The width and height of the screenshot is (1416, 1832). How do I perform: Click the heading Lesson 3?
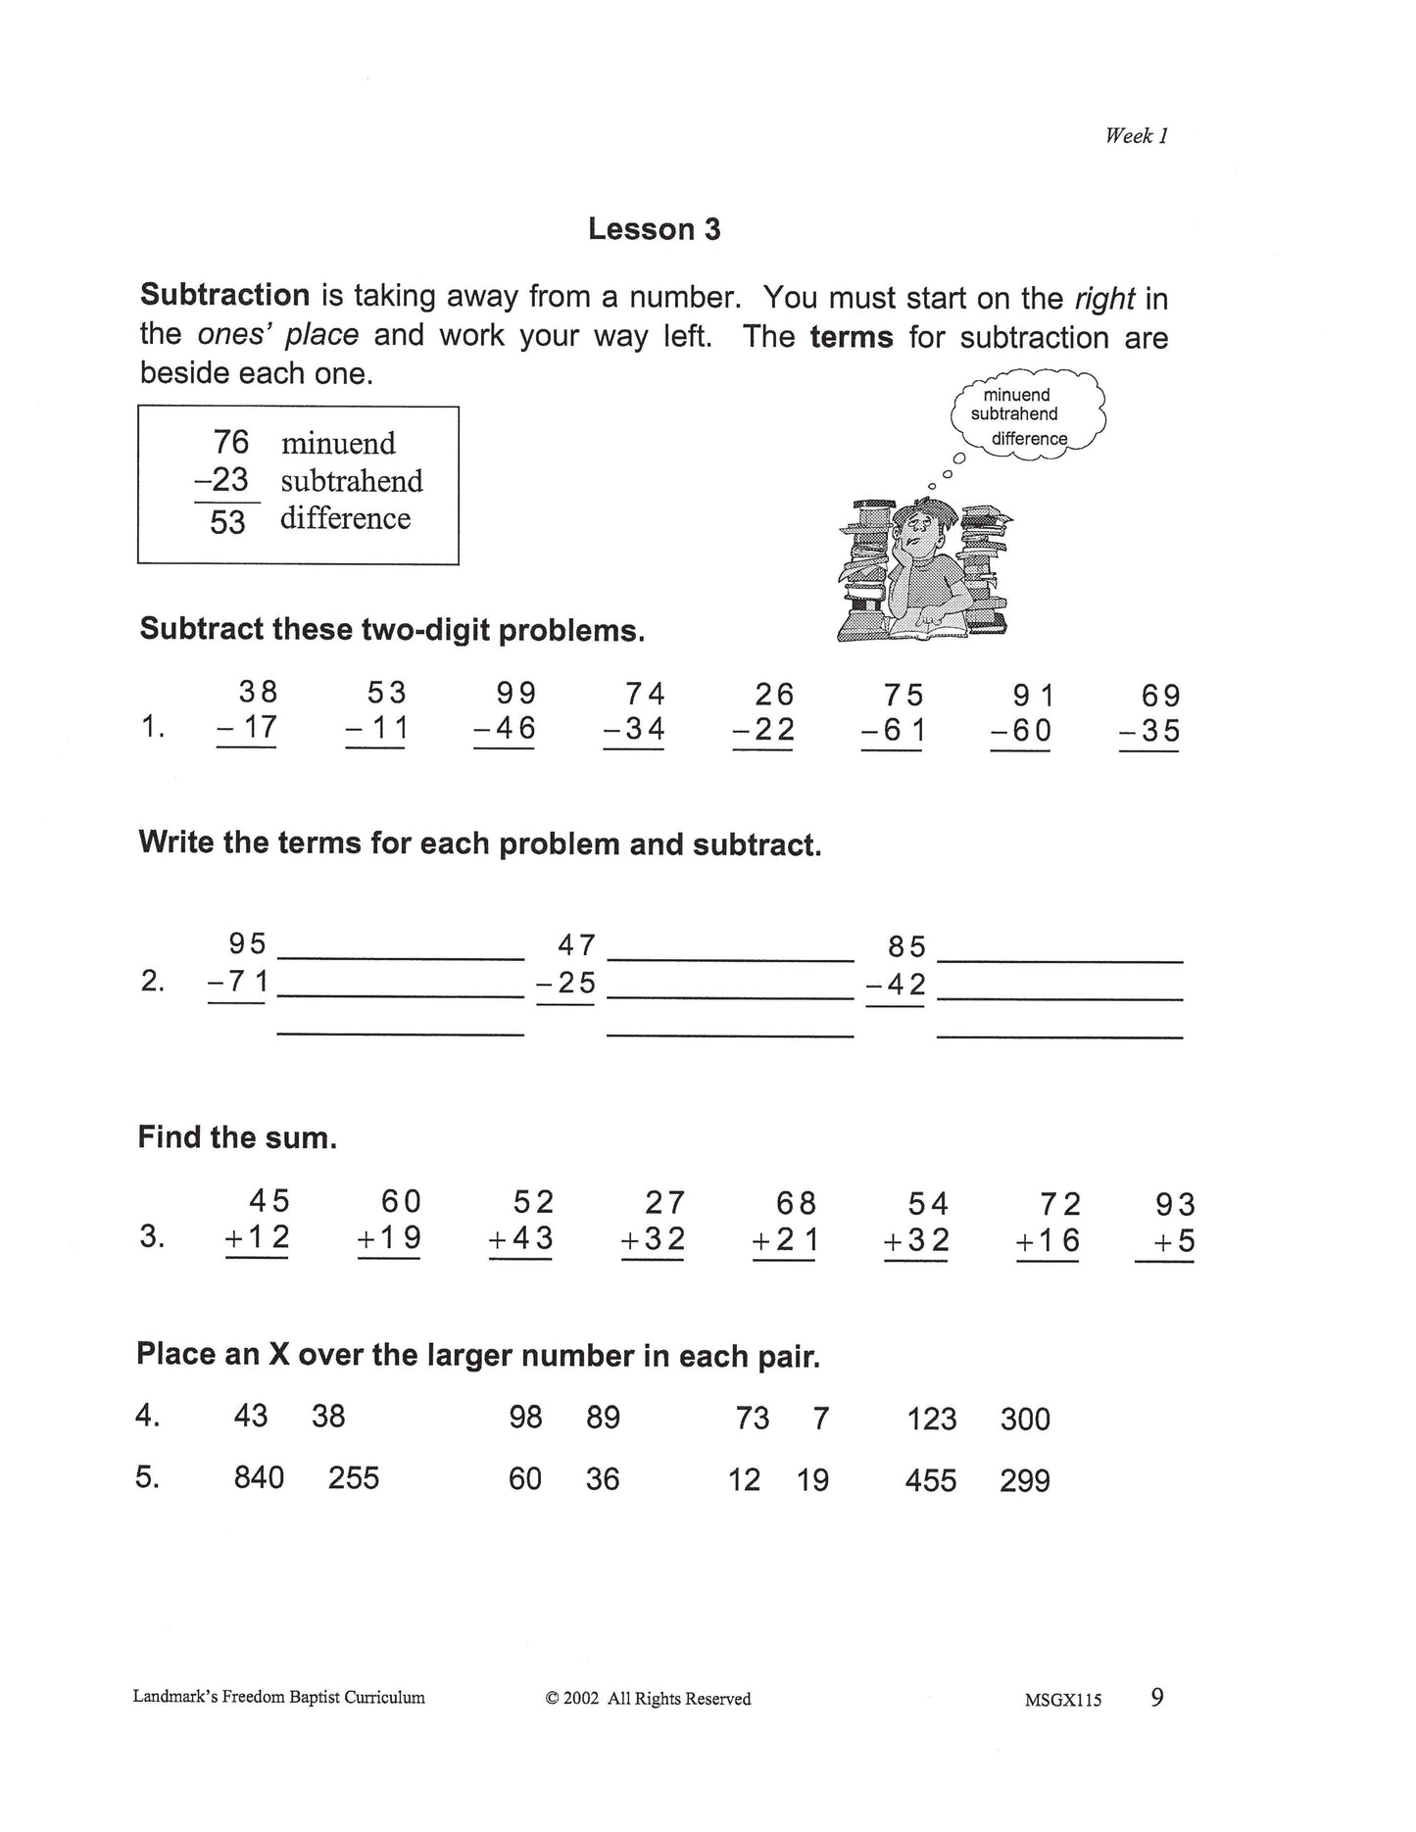(x=654, y=229)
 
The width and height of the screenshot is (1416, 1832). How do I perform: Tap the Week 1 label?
(x=1136, y=136)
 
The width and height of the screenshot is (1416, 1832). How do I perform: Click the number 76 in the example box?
(x=231, y=442)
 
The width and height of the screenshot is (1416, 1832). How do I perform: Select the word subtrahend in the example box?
(x=351, y=481)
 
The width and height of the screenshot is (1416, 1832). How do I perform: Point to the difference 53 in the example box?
(x=227, y=521)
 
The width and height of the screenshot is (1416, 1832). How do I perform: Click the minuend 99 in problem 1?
(x=515, y=694)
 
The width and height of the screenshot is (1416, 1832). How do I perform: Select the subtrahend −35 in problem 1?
(x=1149, y=732)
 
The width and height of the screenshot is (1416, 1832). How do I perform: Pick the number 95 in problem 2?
(x=247, y=943)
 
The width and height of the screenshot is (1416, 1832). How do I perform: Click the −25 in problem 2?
(x=566, y=982)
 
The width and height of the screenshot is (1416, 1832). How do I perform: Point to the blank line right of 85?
(x=1059, y=961)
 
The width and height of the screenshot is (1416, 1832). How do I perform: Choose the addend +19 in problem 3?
(x=389, y=1238)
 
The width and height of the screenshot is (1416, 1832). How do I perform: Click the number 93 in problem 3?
(x=1174, y=1204)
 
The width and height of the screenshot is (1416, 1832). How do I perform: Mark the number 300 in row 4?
(x=1025, y=1419)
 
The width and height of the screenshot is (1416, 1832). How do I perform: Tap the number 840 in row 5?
(x=259, y=1476)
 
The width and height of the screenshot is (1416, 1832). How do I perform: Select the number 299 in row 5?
(x=1024, y=1480)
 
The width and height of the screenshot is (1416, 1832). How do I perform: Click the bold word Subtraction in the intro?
(x=224, y=295)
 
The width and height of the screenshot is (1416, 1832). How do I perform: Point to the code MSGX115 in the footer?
(x=1062, y=1701)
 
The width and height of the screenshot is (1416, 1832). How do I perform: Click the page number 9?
(x=1157, y=1698)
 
